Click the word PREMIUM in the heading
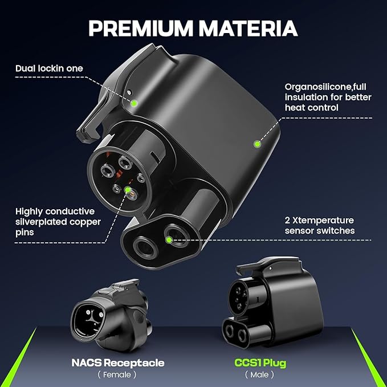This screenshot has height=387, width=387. click(x=140, y=28)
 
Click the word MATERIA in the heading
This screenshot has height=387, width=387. click(x=248, y=28)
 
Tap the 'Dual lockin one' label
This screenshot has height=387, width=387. click(x=49, y=68)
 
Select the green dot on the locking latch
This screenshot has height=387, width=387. click(x=134, y=103)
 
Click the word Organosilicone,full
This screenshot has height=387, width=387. click(x=325, y=87)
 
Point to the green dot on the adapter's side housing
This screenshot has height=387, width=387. click(x=257, y=144)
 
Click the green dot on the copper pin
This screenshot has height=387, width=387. click(x=128, y=190)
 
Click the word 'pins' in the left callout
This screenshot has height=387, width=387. click(x=25, y=233)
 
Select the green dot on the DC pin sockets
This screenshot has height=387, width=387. click(x=169, y=239)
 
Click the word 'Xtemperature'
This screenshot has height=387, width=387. click(x=323, y=220)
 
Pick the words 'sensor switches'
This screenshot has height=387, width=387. click(x=320, y=230)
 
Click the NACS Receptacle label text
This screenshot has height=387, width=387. click(x=118, y=363)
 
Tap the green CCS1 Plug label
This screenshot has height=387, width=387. click(x=260, y=363)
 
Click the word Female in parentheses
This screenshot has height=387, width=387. click(x=117, y=374)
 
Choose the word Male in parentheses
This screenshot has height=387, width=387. click(x=259, y=374)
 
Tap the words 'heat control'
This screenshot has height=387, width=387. click(x=311, y=108)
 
